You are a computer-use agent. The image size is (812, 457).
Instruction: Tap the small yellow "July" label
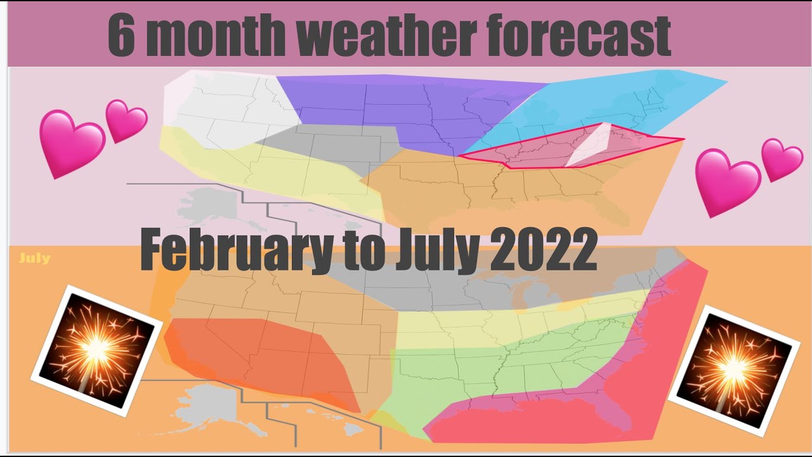(x=34, y=258)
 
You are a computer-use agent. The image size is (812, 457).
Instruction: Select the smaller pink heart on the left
(x=126, y=120)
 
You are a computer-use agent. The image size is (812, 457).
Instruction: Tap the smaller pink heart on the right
(x=782, y=159)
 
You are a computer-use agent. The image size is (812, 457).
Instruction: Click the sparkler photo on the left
(x=97, y=350)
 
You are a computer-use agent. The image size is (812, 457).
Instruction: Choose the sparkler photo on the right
(x=733, y=370)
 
